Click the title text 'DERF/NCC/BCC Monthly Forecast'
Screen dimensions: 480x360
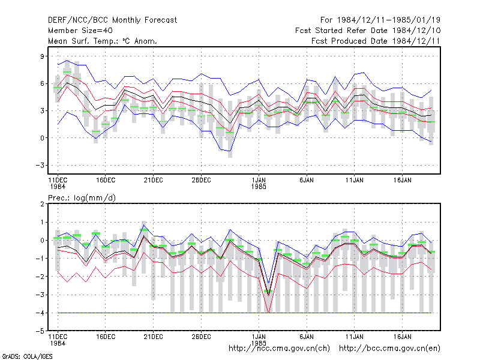point(112,20)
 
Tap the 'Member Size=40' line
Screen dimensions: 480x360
point(80,31)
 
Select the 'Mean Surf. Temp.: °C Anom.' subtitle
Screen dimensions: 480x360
point(102,41)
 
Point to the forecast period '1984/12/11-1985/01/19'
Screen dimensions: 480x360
point(389,20)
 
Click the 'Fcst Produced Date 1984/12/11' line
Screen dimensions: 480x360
point(376,41)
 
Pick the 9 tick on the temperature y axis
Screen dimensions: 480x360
point(42,56)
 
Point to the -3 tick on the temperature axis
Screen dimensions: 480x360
point(40,166)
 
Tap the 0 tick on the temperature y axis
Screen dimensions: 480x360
point(42,138)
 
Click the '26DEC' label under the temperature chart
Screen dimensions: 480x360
point(201,181)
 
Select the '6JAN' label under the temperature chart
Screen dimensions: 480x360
point(307,181)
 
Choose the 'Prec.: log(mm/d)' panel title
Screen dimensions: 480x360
point(82,198)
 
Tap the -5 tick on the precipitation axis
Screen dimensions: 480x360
point(40,331)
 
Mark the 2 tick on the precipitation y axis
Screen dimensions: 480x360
point(42,204)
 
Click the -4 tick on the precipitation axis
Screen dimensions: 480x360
point(40,313)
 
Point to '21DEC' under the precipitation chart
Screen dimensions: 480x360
point(154,337)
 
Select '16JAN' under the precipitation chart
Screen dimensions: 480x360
point(402,337)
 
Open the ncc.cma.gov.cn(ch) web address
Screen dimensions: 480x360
point(279,349)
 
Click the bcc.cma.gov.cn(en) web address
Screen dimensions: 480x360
point(389,349)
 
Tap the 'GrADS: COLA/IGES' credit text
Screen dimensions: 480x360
point(27,356)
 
